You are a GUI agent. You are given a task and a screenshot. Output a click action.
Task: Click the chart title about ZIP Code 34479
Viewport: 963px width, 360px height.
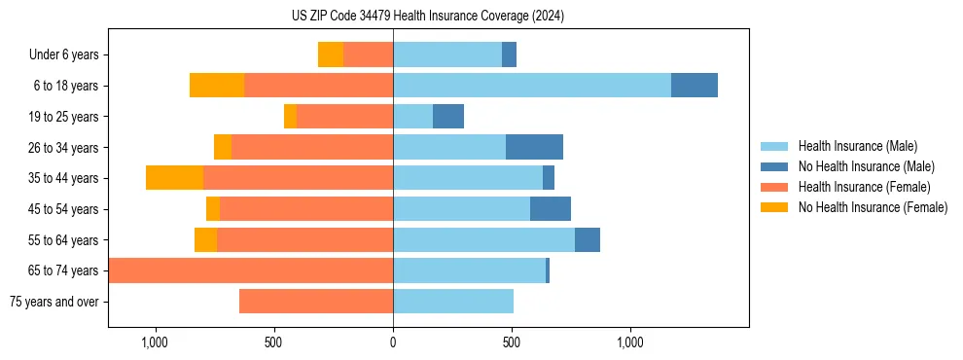tap(427, 17)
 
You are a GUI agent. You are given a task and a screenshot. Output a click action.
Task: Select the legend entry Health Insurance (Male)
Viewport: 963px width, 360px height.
tap(857, 146)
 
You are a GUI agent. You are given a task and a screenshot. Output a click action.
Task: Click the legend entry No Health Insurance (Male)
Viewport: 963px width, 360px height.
tap(866, 166)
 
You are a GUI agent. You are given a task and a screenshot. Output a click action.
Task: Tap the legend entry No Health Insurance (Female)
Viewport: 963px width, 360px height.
tap(873, 207)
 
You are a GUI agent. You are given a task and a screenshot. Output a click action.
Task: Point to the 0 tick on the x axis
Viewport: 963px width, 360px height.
tap(393, 342)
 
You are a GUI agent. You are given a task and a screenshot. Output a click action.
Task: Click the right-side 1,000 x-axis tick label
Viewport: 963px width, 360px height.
tap(630, 342)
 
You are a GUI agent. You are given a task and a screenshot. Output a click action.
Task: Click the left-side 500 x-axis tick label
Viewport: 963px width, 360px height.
tap(273, 342)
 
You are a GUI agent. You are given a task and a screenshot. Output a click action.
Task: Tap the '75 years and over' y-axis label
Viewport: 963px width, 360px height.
tap(54, 302)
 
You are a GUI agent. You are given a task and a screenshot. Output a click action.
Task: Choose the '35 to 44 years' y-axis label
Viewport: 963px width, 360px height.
tap(63, 178)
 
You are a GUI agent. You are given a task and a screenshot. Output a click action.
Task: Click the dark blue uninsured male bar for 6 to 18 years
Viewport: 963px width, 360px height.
tap(695, 86)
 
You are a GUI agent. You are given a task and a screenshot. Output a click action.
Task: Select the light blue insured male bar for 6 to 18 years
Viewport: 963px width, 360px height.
tap(532, 86)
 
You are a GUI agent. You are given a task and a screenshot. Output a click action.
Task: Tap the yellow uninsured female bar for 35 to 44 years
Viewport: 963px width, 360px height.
tap(175, 178)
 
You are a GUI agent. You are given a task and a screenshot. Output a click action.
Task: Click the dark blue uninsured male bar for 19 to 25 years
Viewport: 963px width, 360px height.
tap(448, 117)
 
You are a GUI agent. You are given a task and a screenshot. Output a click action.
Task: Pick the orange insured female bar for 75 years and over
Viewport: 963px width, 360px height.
tap(316, 302)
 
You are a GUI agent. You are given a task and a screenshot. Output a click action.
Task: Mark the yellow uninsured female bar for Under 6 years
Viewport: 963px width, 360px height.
tap(331, 55)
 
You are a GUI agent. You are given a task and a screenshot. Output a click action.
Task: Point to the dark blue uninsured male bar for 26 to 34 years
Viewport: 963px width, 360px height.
tap(534, 147)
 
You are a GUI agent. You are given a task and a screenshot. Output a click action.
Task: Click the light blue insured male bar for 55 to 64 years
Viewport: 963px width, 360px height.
tap(483, 239)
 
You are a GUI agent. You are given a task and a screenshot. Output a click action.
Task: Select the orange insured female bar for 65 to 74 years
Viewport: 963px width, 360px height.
tap(251, 270)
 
